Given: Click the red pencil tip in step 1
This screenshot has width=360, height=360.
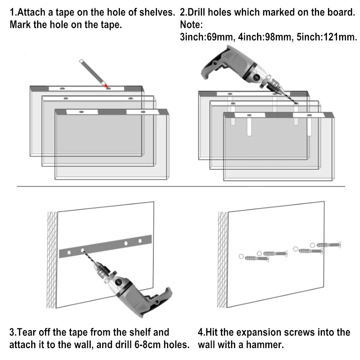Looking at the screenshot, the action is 106,86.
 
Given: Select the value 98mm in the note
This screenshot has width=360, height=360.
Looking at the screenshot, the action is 278,37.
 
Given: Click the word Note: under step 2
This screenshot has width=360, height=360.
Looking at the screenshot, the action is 191,25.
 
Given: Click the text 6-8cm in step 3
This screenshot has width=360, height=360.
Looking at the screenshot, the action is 147,345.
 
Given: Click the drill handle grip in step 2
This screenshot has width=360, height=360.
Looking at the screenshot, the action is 208,69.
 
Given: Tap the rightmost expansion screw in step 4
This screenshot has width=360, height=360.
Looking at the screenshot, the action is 328,245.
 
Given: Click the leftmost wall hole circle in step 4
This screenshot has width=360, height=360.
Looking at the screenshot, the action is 241,256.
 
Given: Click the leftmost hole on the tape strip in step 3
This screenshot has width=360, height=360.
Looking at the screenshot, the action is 69,253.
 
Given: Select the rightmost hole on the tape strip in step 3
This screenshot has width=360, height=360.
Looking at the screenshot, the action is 140,241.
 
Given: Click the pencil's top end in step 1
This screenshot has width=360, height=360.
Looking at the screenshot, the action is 81,61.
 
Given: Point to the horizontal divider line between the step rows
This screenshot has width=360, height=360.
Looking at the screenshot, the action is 181,186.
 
